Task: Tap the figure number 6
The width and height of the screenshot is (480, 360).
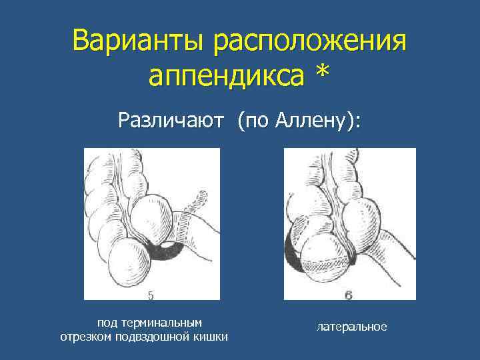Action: coord(349,294)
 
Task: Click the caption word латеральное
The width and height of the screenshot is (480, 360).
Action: coord(352,327)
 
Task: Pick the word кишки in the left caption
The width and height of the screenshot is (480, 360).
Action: coord(212,337)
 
